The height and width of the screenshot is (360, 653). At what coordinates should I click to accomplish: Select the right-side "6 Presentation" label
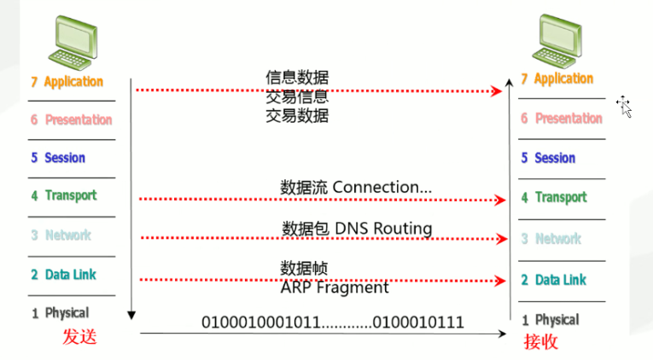[x=562, y=119]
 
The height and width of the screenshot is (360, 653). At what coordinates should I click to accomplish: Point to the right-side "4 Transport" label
[x=554, y=198]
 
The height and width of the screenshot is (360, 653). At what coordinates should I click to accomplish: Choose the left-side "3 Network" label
[x=61, y=235]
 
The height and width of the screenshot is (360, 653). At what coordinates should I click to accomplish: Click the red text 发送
[x=79, y=337]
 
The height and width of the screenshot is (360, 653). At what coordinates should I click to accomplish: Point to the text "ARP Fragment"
[x=335, y=287]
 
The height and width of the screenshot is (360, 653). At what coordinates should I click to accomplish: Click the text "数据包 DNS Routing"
[x=357, y=229]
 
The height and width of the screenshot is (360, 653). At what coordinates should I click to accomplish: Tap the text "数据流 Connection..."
[x=356, y=186]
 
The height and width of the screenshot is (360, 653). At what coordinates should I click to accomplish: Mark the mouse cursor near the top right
[x=626, y=107]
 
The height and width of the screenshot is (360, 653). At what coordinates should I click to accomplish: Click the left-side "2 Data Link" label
[x=63, y=275]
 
